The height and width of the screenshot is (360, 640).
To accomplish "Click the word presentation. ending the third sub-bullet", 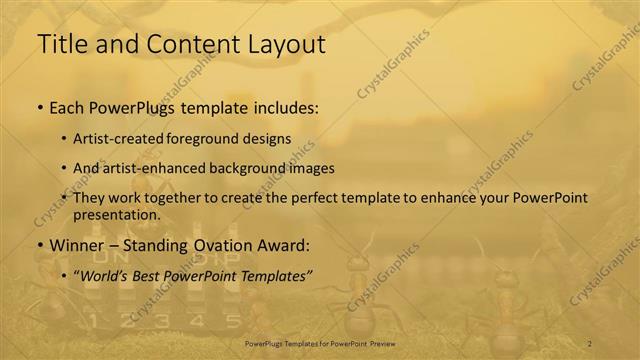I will coord(116,214).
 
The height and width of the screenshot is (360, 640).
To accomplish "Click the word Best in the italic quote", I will coord(158,274).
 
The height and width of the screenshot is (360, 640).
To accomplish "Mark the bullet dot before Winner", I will coord(39,245).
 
